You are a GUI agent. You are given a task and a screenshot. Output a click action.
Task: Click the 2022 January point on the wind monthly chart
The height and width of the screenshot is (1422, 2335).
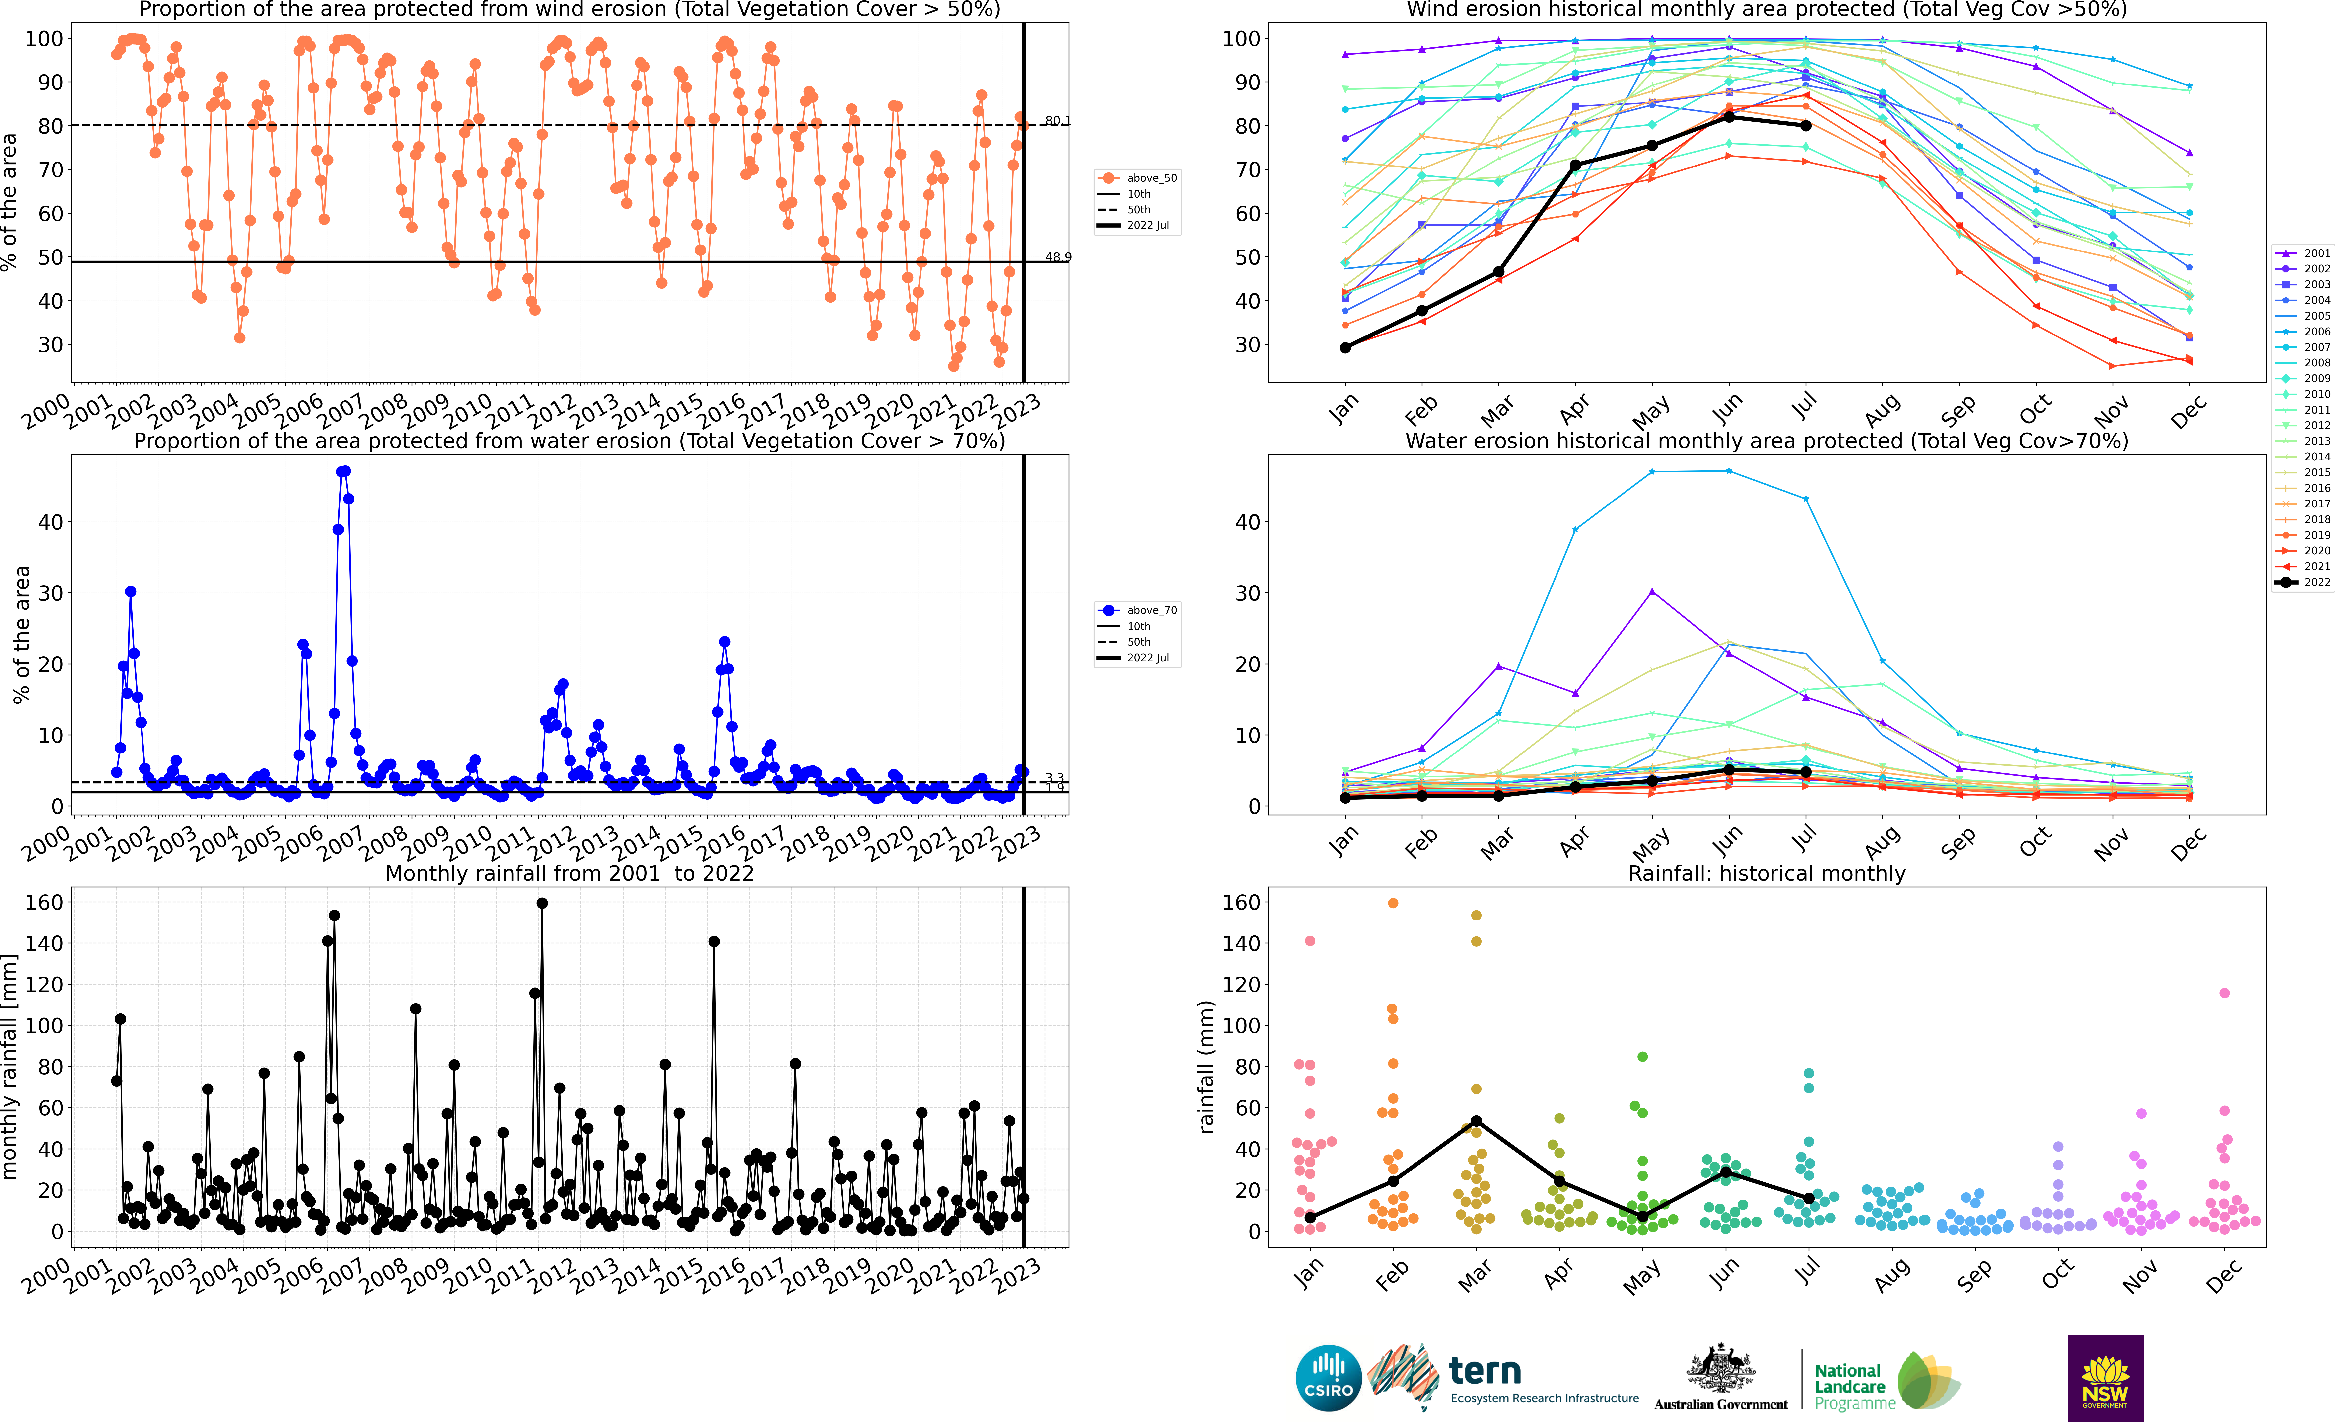point(1345,348)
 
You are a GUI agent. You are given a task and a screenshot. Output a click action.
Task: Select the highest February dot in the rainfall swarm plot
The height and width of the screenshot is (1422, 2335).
point(1393,904)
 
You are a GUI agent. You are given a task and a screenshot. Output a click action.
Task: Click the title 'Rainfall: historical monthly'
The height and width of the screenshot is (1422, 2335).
point(1767,873)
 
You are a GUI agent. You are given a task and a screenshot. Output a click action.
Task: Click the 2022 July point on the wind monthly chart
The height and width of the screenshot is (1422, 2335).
point(1806,126)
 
